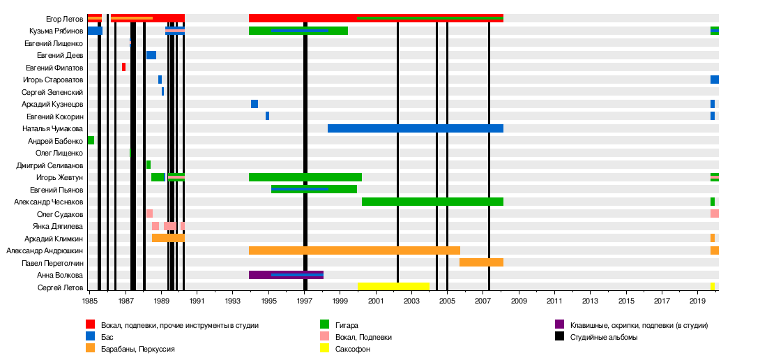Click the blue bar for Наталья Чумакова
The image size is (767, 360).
pos(415,128)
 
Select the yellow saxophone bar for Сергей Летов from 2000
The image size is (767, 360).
pos(393,287)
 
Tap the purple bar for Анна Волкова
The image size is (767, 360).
pos(286,275)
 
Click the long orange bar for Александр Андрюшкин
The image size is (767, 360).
pos(354,250)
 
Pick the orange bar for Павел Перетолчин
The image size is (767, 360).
pos(481,262)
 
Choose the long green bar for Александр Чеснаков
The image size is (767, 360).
pos(432,202)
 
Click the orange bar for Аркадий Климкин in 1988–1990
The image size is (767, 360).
pos(168,238)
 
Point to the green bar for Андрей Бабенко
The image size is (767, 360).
pos(91,140)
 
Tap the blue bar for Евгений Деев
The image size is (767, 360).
pos(151,55)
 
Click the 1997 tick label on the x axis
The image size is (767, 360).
pos(305,301)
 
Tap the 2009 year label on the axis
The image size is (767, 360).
pos(519,301)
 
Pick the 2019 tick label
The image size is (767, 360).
pos(697,301)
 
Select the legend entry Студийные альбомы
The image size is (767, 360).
pos(603,337)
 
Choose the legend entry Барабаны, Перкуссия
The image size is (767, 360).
pos(137,349)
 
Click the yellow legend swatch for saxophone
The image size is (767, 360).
pos(324,348)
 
